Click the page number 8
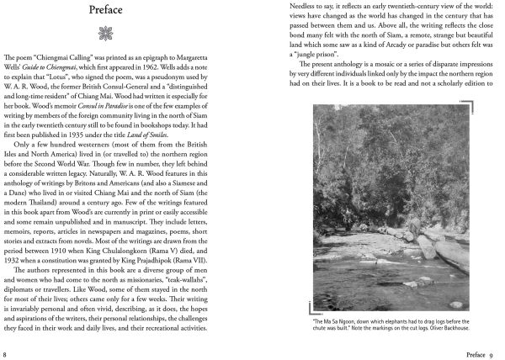(x=6, y=344)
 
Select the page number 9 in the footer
(x=497, y=344)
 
